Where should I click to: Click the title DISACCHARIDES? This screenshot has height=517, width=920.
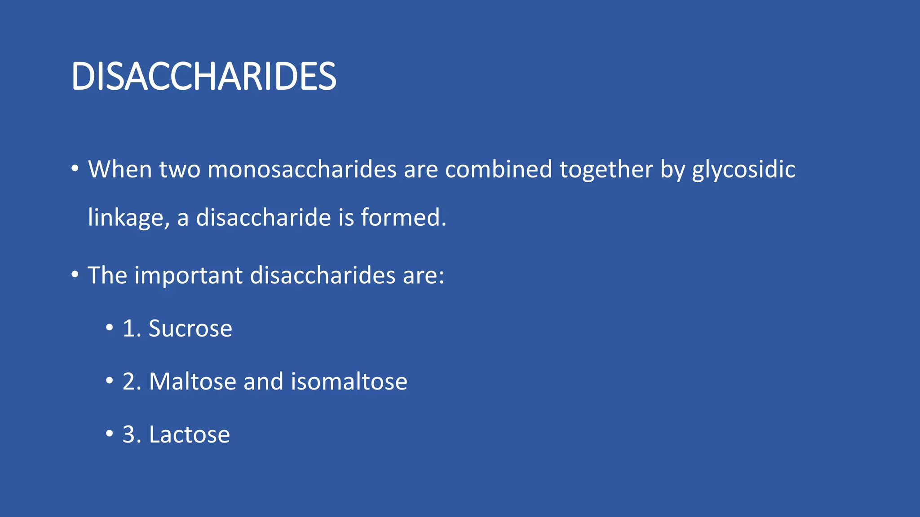coord(203,77)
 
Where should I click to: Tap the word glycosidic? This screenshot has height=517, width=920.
coord(743,170)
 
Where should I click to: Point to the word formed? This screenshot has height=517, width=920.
coord(403,217)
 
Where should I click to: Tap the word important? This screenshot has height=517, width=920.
coord(188,275)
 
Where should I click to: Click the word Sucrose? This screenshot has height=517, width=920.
coord(190,329)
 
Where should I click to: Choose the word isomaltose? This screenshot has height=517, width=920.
coord(349,381)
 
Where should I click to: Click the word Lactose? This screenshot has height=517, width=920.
coord(189,434)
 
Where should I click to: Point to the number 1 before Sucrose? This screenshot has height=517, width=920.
coord(129,329)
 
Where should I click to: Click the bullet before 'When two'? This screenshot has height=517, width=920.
coord(75,169)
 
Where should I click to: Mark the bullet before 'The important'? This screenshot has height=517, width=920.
coord(75,274)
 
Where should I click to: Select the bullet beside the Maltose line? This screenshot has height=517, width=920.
coord(109,381)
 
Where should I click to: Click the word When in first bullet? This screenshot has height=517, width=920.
coord(120,170)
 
